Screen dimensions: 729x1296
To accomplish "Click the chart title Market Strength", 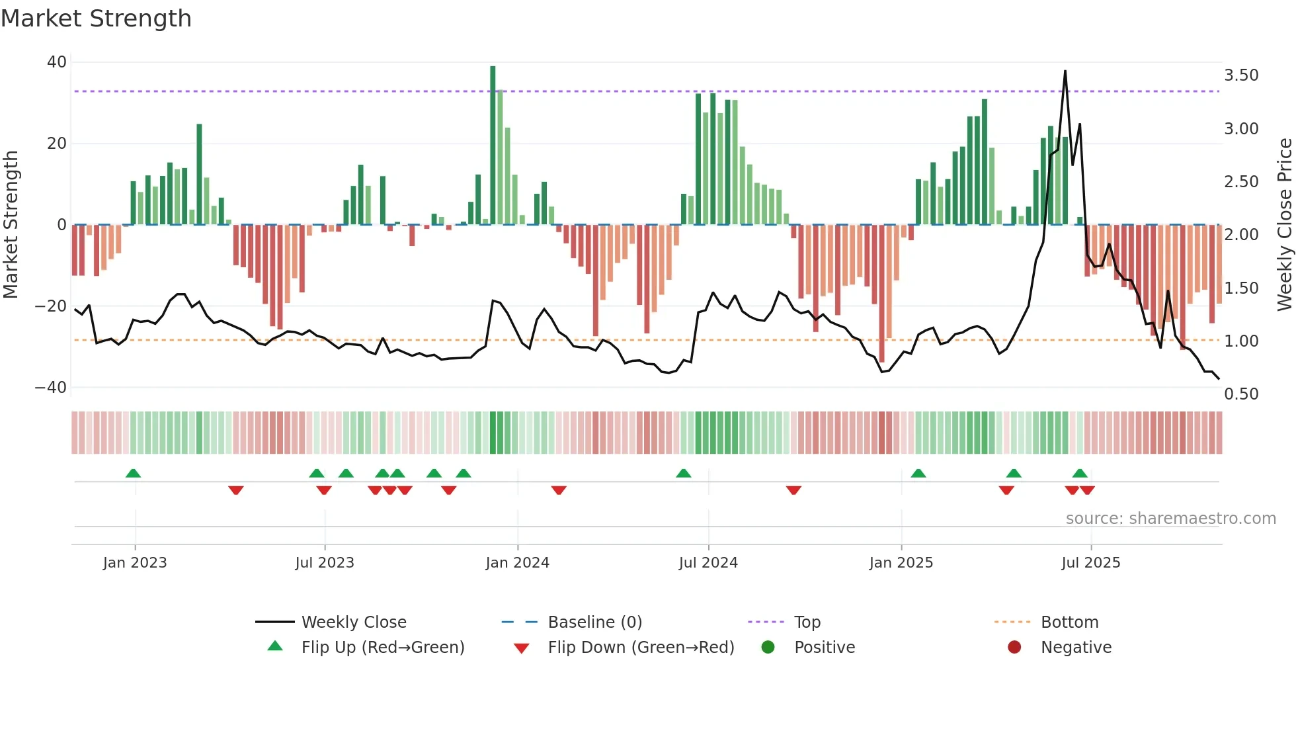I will (x=96, y=19).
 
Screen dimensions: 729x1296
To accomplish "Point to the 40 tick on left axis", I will (x=57, y=62).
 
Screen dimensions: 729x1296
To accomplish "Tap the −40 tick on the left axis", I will (x=52, y=388).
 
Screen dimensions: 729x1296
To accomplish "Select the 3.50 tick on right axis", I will (x=1241, y=75).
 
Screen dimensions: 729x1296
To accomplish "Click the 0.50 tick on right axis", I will (x=1241, y=394).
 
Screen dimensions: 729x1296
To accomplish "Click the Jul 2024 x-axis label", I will (x=708, y=563).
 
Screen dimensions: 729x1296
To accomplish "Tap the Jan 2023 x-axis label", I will (x=135, y=563).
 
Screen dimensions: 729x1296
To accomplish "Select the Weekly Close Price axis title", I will (x=1284, y=225).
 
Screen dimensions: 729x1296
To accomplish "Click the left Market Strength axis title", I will (x=11, y=225).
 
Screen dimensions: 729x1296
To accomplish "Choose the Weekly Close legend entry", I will (x=354, y=622).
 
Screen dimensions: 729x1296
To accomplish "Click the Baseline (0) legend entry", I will (x=594, y=622).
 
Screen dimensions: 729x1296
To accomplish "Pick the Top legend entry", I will (x=807, y=622).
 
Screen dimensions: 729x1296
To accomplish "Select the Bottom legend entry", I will (x=1069, y=622).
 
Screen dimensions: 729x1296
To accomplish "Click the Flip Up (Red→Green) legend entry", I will (x=382, y=648).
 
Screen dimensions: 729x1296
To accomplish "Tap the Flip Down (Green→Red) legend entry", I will (x=641, y=648).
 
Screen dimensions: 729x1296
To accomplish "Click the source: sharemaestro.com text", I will (x=1170, y=519).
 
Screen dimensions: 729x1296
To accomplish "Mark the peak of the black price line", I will (x=1065, y=71).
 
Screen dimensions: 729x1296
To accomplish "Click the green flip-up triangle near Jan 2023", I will (x=133, y=474).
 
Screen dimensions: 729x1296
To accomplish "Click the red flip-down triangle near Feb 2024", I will (x=559, y=490).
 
